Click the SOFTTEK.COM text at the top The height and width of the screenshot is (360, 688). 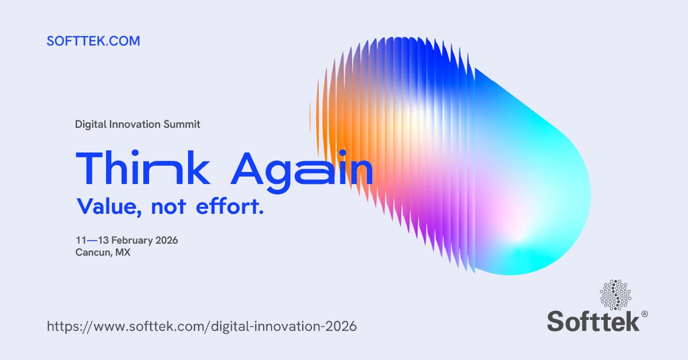[x=93, y=41]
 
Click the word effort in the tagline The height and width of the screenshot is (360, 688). [x=230, y=207]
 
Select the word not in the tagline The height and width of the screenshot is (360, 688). [x=169, y=207]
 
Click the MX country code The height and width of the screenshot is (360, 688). [x=123, y=252]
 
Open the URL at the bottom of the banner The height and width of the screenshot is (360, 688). [x=201, y=327]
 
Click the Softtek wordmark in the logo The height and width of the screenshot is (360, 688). [x=593, y=320]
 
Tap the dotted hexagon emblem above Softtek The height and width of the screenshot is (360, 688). [x=615, y=294]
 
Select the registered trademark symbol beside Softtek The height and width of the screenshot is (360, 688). [x=644, y=314]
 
